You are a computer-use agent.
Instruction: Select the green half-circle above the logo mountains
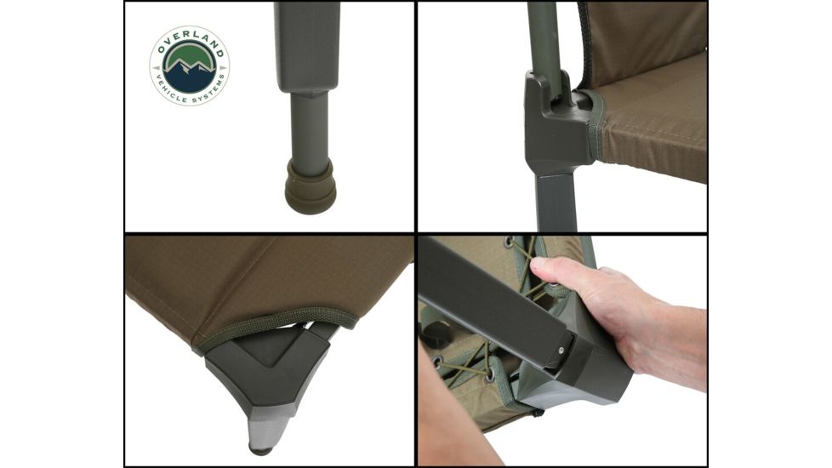189,53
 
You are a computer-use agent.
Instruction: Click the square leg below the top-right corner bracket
557,200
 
